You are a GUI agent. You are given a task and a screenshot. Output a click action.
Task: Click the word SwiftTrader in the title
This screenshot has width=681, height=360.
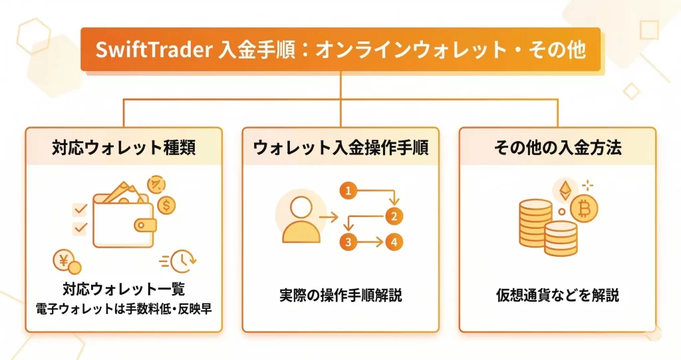[155, 50]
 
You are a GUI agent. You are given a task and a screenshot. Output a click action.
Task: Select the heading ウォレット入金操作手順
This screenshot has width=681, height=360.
[340, 148]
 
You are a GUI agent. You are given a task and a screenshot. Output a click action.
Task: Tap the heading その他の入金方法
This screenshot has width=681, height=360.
[558, 148]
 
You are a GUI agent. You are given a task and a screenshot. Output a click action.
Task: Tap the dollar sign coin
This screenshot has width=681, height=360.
[168, 205]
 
